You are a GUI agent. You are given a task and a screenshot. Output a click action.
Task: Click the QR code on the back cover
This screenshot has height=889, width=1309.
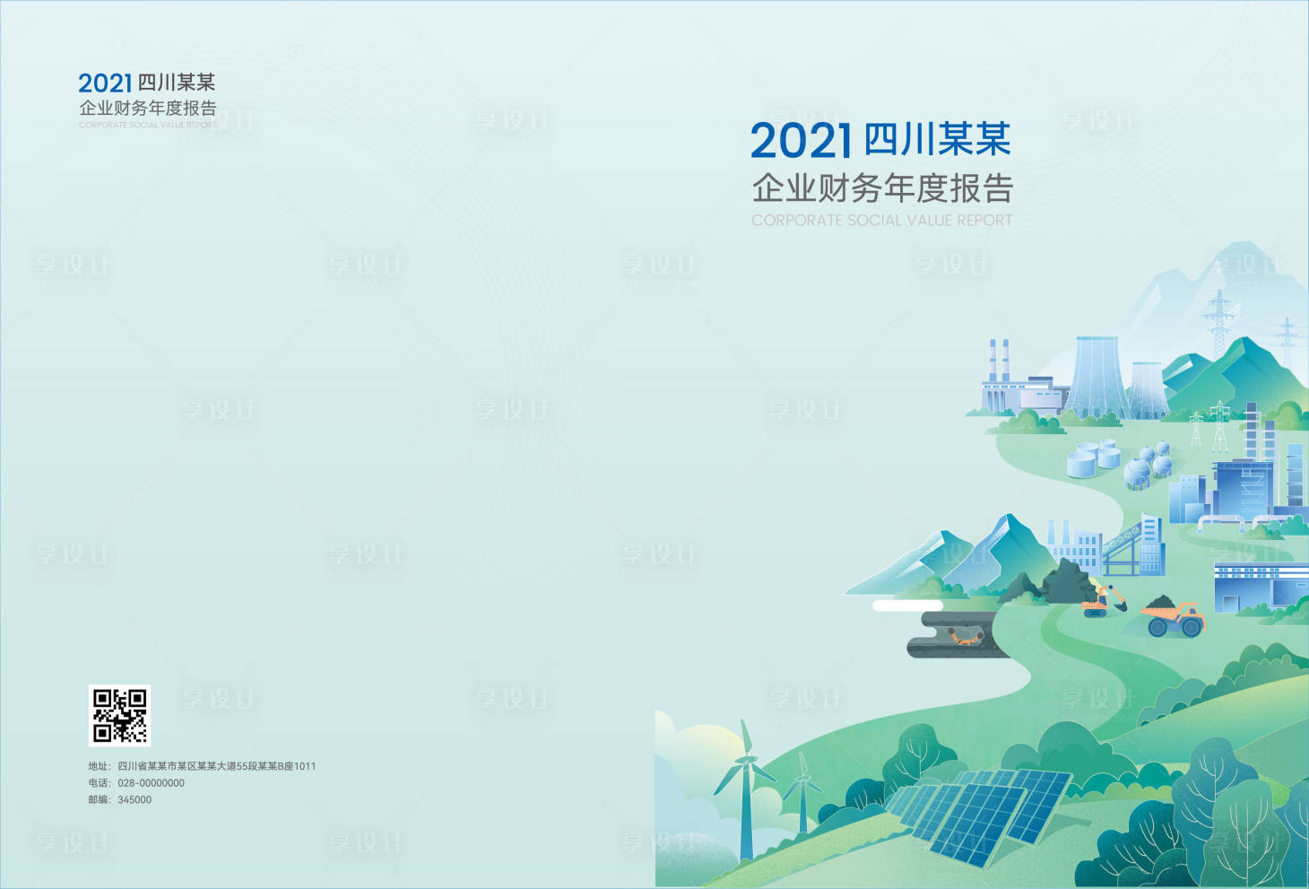pos(119,715)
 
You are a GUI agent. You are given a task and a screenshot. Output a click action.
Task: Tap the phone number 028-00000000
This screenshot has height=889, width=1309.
pos(151,783)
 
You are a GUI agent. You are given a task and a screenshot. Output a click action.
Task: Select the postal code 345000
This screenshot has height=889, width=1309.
pos(134,799)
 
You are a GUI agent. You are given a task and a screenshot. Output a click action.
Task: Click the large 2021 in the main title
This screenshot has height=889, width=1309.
pos(801,141)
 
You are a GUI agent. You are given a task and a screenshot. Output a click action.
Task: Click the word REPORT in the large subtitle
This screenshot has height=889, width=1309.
pos(984,221)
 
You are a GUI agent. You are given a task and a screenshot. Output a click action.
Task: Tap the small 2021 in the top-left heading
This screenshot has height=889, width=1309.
pos(105,83)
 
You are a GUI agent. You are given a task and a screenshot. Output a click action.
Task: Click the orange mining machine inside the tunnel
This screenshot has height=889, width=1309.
pos(965,637)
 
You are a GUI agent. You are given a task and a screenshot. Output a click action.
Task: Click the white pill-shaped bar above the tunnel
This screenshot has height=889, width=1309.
pos(906,606)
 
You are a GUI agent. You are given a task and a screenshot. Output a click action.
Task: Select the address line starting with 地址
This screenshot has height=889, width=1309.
pos(202,766)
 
